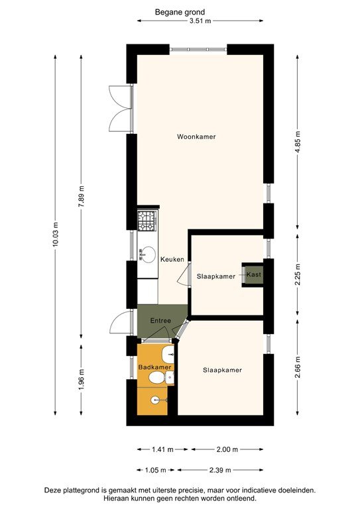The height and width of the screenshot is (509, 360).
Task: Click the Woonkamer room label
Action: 196,137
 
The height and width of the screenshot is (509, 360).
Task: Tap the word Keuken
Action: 172,259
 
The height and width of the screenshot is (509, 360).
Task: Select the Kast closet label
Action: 253,274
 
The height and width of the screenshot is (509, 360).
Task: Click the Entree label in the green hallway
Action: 160,321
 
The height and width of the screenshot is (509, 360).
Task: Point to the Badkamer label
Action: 155,367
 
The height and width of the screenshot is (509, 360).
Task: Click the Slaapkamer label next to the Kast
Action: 215,276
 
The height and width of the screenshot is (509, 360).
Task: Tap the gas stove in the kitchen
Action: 147,221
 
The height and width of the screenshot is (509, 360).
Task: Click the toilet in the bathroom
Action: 158,378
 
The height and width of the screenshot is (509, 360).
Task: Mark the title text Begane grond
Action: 180,12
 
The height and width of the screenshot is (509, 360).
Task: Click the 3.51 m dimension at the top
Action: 200,21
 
